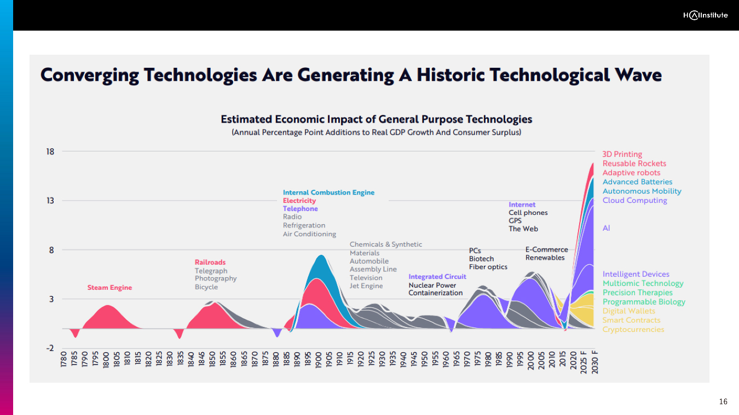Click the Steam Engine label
coord(109,288)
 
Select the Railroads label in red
coord(210,262)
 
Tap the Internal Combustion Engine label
coord(328,192)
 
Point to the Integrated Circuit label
coord(437,277)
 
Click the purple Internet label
coord(522,204)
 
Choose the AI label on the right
coord(606,228)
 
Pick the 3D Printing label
coord(622,154)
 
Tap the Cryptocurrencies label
coord(633,329)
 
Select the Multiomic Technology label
coord(643,283)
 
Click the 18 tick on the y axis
coord(50,151)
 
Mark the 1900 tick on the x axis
coord(318,361)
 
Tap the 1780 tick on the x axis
coord(64,361)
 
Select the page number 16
coord(723,402)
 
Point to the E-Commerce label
coord(546,249)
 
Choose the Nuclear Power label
coord(432,285)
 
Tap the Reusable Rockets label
coord(634,163)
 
